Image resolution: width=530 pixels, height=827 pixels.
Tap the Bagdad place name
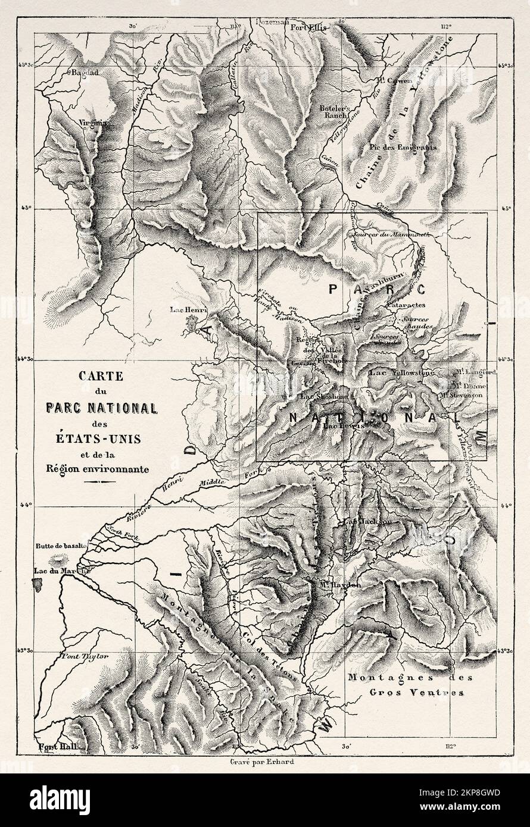83,72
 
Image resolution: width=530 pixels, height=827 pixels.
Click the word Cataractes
404,304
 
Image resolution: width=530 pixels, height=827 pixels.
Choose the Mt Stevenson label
462,394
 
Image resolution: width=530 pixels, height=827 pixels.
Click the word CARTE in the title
101,376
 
